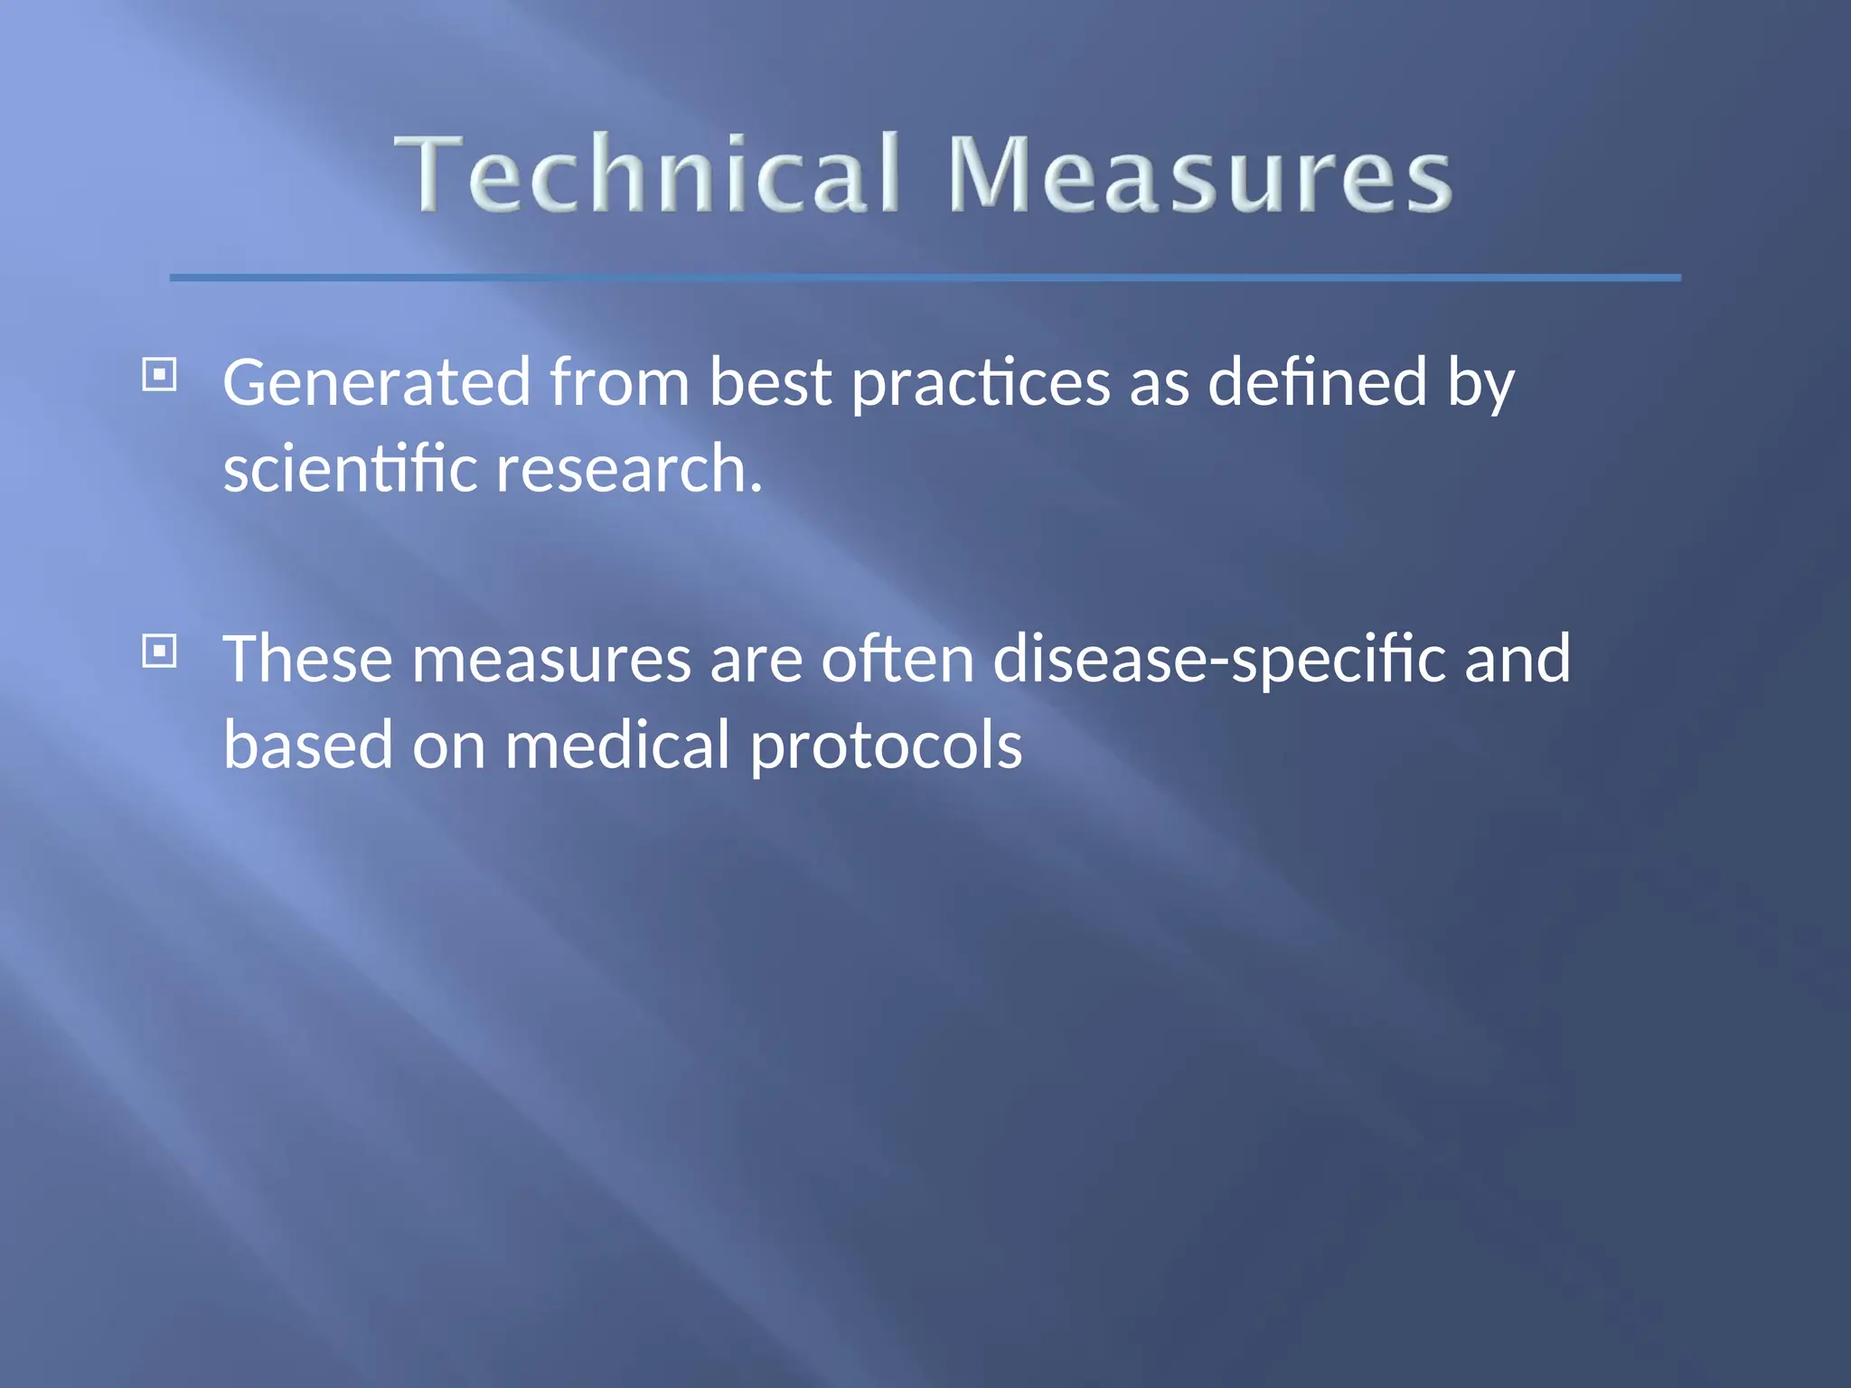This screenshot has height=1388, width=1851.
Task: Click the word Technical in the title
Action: [x=647, y=173]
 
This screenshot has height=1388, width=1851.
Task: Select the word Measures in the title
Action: [x=1199, y=173]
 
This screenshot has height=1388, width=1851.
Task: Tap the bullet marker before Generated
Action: [x=160, y=374]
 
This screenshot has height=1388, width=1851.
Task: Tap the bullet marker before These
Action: [x=160, y=651]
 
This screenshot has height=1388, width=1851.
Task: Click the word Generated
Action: [x=376, y=383]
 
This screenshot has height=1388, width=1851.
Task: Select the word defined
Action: [x=1318, y=383]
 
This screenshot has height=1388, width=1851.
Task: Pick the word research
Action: [x=629, y=469]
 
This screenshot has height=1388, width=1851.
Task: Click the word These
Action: [x=307, y=659]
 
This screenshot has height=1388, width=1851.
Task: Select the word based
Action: [x=307, y=746]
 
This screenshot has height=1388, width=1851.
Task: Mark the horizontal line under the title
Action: [x=925, y=277]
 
